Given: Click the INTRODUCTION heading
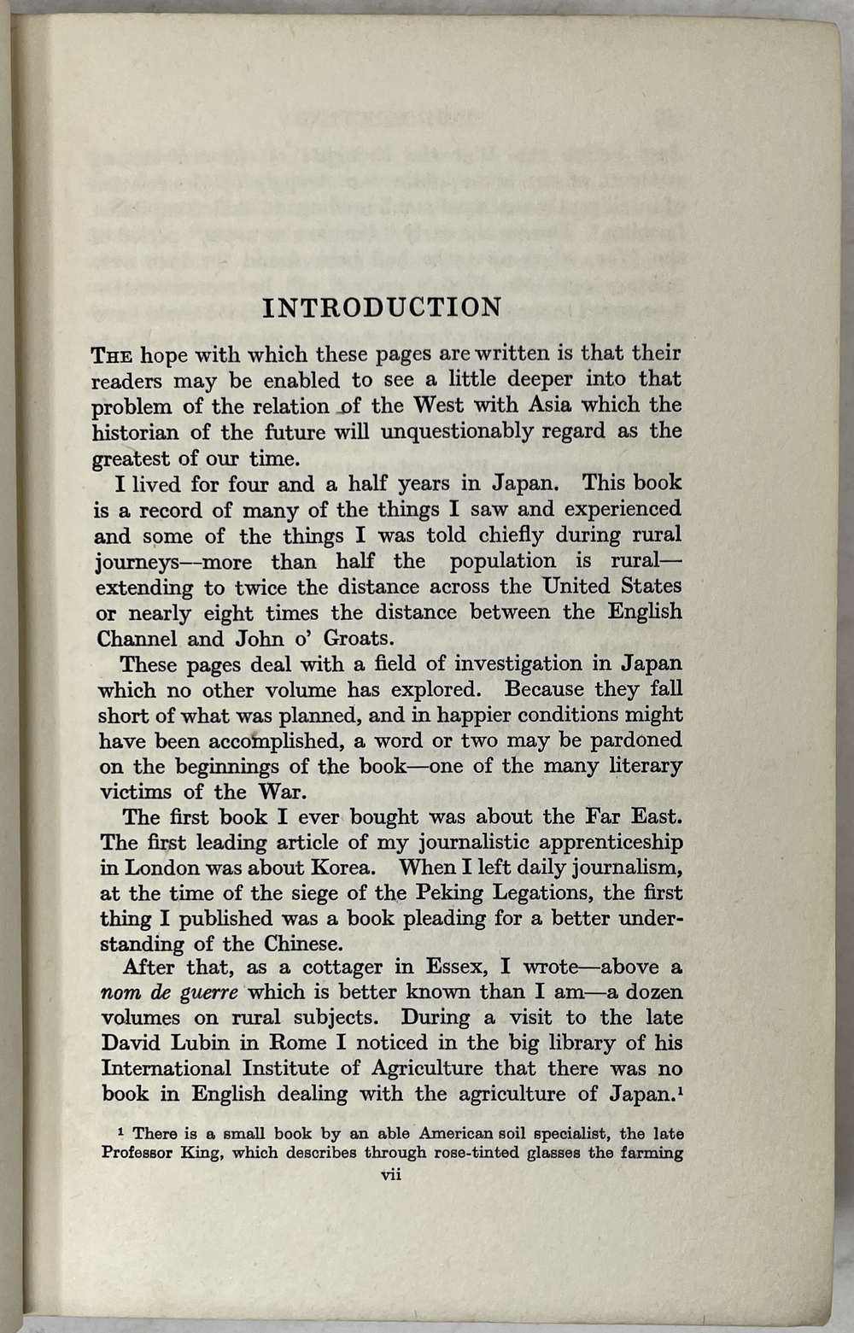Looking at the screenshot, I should click(382, 308).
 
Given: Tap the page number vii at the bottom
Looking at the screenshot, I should click(391, 1175).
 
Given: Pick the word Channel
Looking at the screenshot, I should click(137, 639).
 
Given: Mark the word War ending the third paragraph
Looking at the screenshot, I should click(278, 792).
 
